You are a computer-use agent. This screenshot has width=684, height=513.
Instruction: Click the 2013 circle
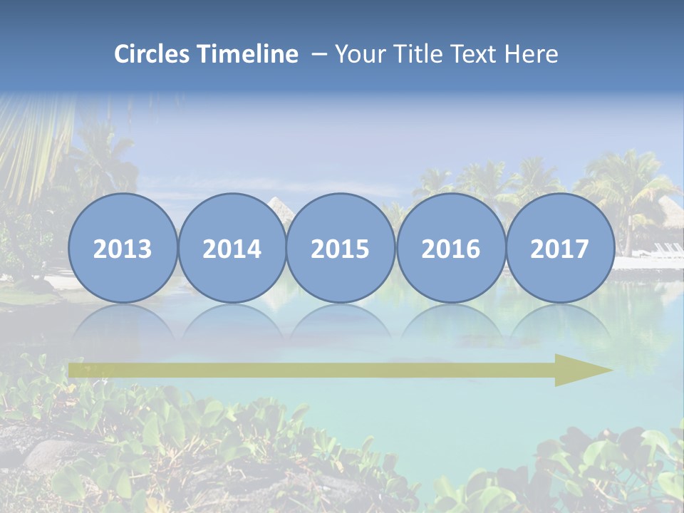pyautogui.click(x=123, y=249)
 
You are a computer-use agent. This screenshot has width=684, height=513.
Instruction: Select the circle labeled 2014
pyautogui.click(x=232, y=249)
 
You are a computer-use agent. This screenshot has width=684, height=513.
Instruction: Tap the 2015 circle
pyautogui.click(x=341, y=249)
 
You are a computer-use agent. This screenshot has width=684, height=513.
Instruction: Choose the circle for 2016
pyautogui.click(x=450, y=249)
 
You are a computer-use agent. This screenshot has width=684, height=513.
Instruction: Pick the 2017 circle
pyautogui.click(x=559, y=249)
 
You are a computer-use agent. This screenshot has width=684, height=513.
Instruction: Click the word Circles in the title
pyautogui.click(x=151, y=54)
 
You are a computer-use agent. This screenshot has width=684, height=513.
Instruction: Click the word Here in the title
pyautogui.click(x=532, y=54)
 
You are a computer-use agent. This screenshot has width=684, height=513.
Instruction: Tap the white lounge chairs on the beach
pyautogui.click(x=667, y=249)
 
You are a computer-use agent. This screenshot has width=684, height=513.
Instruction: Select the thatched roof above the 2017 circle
pyautogui.click(x=668, y=209)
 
